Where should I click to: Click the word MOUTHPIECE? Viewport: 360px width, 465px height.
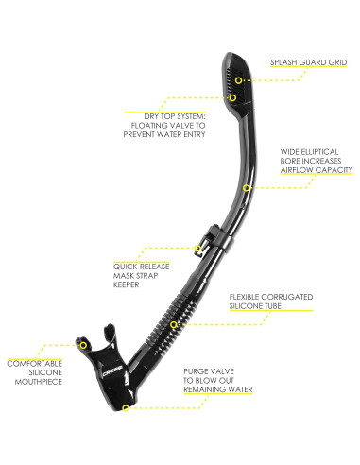coord(33,382)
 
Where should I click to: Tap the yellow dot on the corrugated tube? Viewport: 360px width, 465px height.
coord(174,323)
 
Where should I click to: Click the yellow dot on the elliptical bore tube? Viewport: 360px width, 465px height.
coord(246,187)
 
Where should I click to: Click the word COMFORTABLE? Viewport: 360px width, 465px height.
coord(33,363)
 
